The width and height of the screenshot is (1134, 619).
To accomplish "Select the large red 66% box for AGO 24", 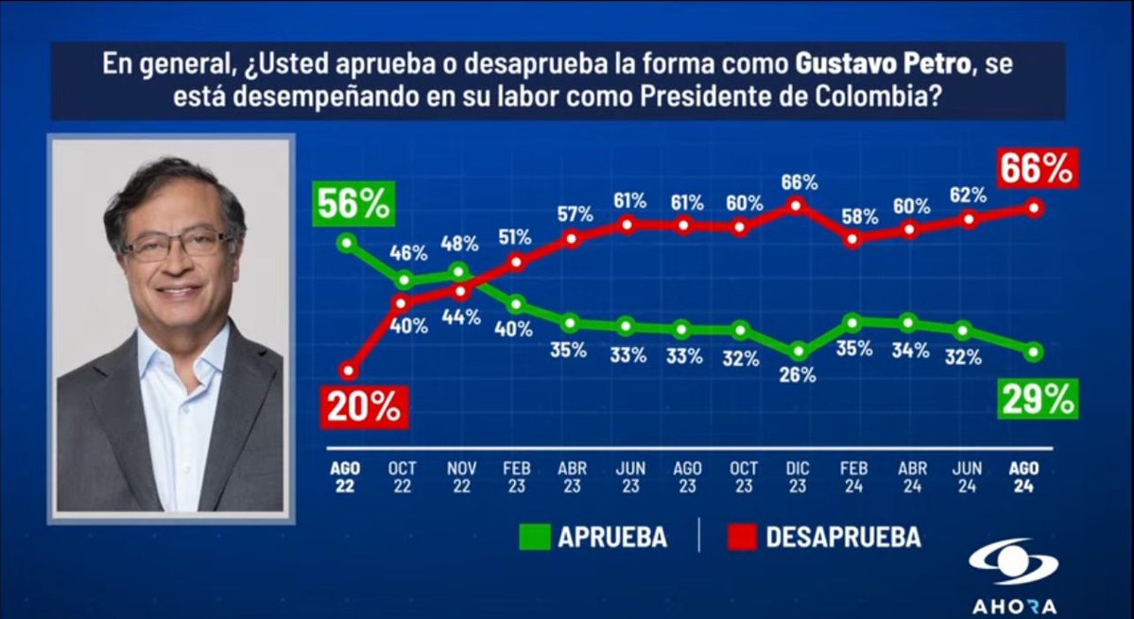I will [x=1037, y=170].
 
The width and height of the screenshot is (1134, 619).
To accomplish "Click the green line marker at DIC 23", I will [x=798, y=351].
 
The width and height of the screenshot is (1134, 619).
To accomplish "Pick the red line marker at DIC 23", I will [x=798, y=204].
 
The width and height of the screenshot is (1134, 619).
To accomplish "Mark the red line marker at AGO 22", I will [x=349, y=370].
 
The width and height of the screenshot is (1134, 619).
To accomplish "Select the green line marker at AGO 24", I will [x=1035, y=352].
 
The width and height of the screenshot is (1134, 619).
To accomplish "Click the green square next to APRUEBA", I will [x=534, y=537].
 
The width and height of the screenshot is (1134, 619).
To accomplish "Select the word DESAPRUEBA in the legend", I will [x=843, y=537].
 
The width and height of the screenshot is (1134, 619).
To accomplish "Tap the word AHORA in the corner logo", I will [x=1014, y=606].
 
